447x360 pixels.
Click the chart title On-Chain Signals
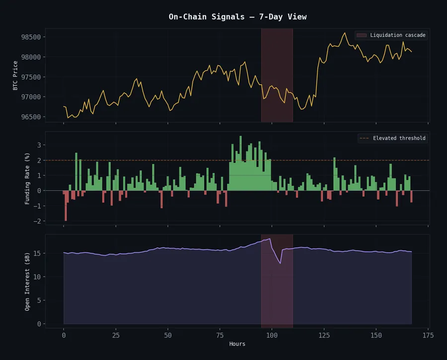coord(237,17)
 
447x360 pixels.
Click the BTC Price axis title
coord(16,75)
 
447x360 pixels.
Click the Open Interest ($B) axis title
coord(27,281)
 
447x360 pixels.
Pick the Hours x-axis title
coord(237,344)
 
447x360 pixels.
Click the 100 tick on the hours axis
coord(272,335)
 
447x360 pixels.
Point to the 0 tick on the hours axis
coord(64,335)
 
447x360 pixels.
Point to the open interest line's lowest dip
coord(280,263)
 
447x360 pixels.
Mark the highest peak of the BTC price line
coord(345,33)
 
